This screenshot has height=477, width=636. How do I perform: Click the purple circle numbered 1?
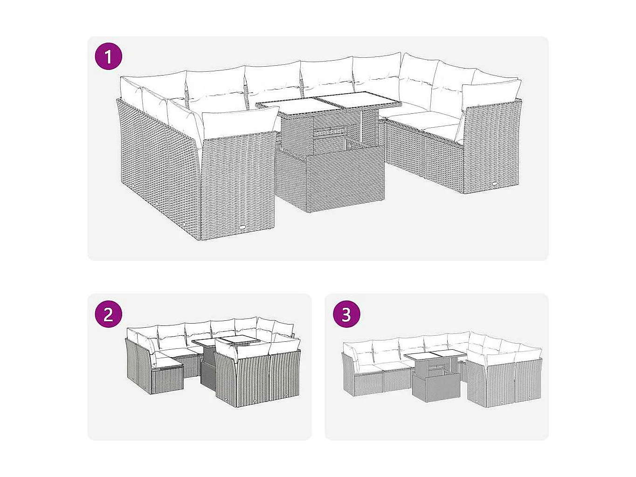tap(108, 57)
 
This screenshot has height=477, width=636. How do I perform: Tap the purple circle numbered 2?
tap(108, 314)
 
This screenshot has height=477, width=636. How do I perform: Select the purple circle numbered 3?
tap(346, 314)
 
